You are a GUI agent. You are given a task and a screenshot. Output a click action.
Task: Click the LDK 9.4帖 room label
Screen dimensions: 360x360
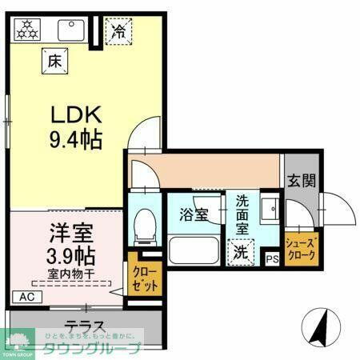coord(71,127)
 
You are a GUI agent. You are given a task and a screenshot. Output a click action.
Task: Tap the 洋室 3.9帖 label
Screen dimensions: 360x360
coord(69,245)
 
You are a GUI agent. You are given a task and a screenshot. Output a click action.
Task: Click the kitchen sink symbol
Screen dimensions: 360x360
coord(71,30)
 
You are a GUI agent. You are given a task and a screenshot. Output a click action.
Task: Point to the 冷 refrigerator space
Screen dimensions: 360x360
coord(118,33)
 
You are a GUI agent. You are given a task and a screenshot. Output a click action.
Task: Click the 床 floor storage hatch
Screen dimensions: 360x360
coord(54,60)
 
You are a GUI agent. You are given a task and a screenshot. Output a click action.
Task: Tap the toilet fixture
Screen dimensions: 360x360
coord(144,223)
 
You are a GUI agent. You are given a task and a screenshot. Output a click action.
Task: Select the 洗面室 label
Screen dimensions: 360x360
coord(240,215)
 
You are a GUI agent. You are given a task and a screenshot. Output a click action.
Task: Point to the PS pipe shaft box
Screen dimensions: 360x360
coord(272,258)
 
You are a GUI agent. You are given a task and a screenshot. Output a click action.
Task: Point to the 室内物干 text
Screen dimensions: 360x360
coord(70,274)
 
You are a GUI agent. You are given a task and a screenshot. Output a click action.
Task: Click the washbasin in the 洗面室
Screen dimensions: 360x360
coord(269,209)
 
